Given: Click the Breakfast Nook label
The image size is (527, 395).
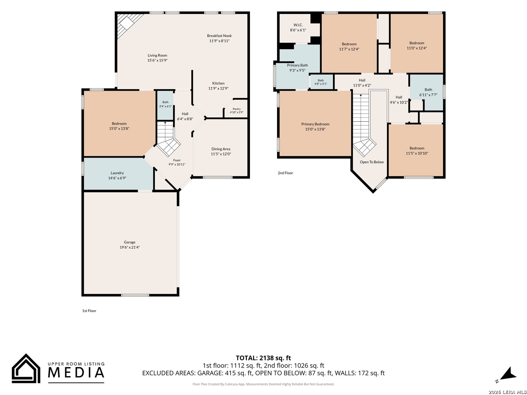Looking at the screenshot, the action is coord(219,36).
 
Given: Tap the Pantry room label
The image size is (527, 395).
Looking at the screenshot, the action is coord(236,109).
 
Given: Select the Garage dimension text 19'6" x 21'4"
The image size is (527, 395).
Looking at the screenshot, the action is coord(130,247).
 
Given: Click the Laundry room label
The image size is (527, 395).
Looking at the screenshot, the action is coord(117,173).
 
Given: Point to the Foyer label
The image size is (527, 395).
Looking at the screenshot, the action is coord(177,160).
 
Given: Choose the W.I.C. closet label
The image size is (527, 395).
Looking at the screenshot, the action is coord(298,25).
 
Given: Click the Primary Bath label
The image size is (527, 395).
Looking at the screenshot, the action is coord(297,65).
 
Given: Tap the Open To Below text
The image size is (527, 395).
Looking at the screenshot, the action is coord(372,162).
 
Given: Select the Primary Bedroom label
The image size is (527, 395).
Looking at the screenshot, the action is coord(315,124).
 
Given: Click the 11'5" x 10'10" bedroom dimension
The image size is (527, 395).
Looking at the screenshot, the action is coord(417,153).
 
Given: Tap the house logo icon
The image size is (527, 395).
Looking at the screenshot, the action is coord(26,368).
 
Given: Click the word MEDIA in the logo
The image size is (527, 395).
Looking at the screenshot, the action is coord(76,372).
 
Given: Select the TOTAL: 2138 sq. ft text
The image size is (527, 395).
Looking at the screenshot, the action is coord(263,358).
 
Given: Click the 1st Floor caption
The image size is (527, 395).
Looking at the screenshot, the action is coord(89,311).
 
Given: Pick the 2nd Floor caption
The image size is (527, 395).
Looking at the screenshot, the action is coord(285,173).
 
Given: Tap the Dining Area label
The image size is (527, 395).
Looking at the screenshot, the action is coord(221,149).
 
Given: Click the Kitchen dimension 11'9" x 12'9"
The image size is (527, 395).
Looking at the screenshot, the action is coord(218,88).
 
